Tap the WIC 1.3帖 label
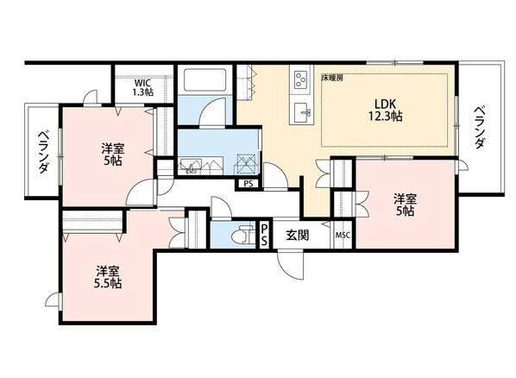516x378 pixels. tap(143, 87)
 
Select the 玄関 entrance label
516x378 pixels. tap(297, 235)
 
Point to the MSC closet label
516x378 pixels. tap(343, 236)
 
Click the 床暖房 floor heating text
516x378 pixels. tap(332, 78)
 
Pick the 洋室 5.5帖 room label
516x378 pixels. tap(108, 277)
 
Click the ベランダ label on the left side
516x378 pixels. tap(43, 152)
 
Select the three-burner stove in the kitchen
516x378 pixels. tap(300, 80)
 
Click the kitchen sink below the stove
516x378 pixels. tap(302, 112)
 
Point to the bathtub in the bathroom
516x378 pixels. tap(205, 79)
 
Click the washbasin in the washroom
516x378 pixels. tap(190, 167)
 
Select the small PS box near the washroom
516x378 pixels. tap(249, 184)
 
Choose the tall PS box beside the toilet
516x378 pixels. tap(264, 235)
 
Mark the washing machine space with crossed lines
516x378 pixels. tap(246, 164)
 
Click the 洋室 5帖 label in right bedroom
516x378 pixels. tap(405, 205)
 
